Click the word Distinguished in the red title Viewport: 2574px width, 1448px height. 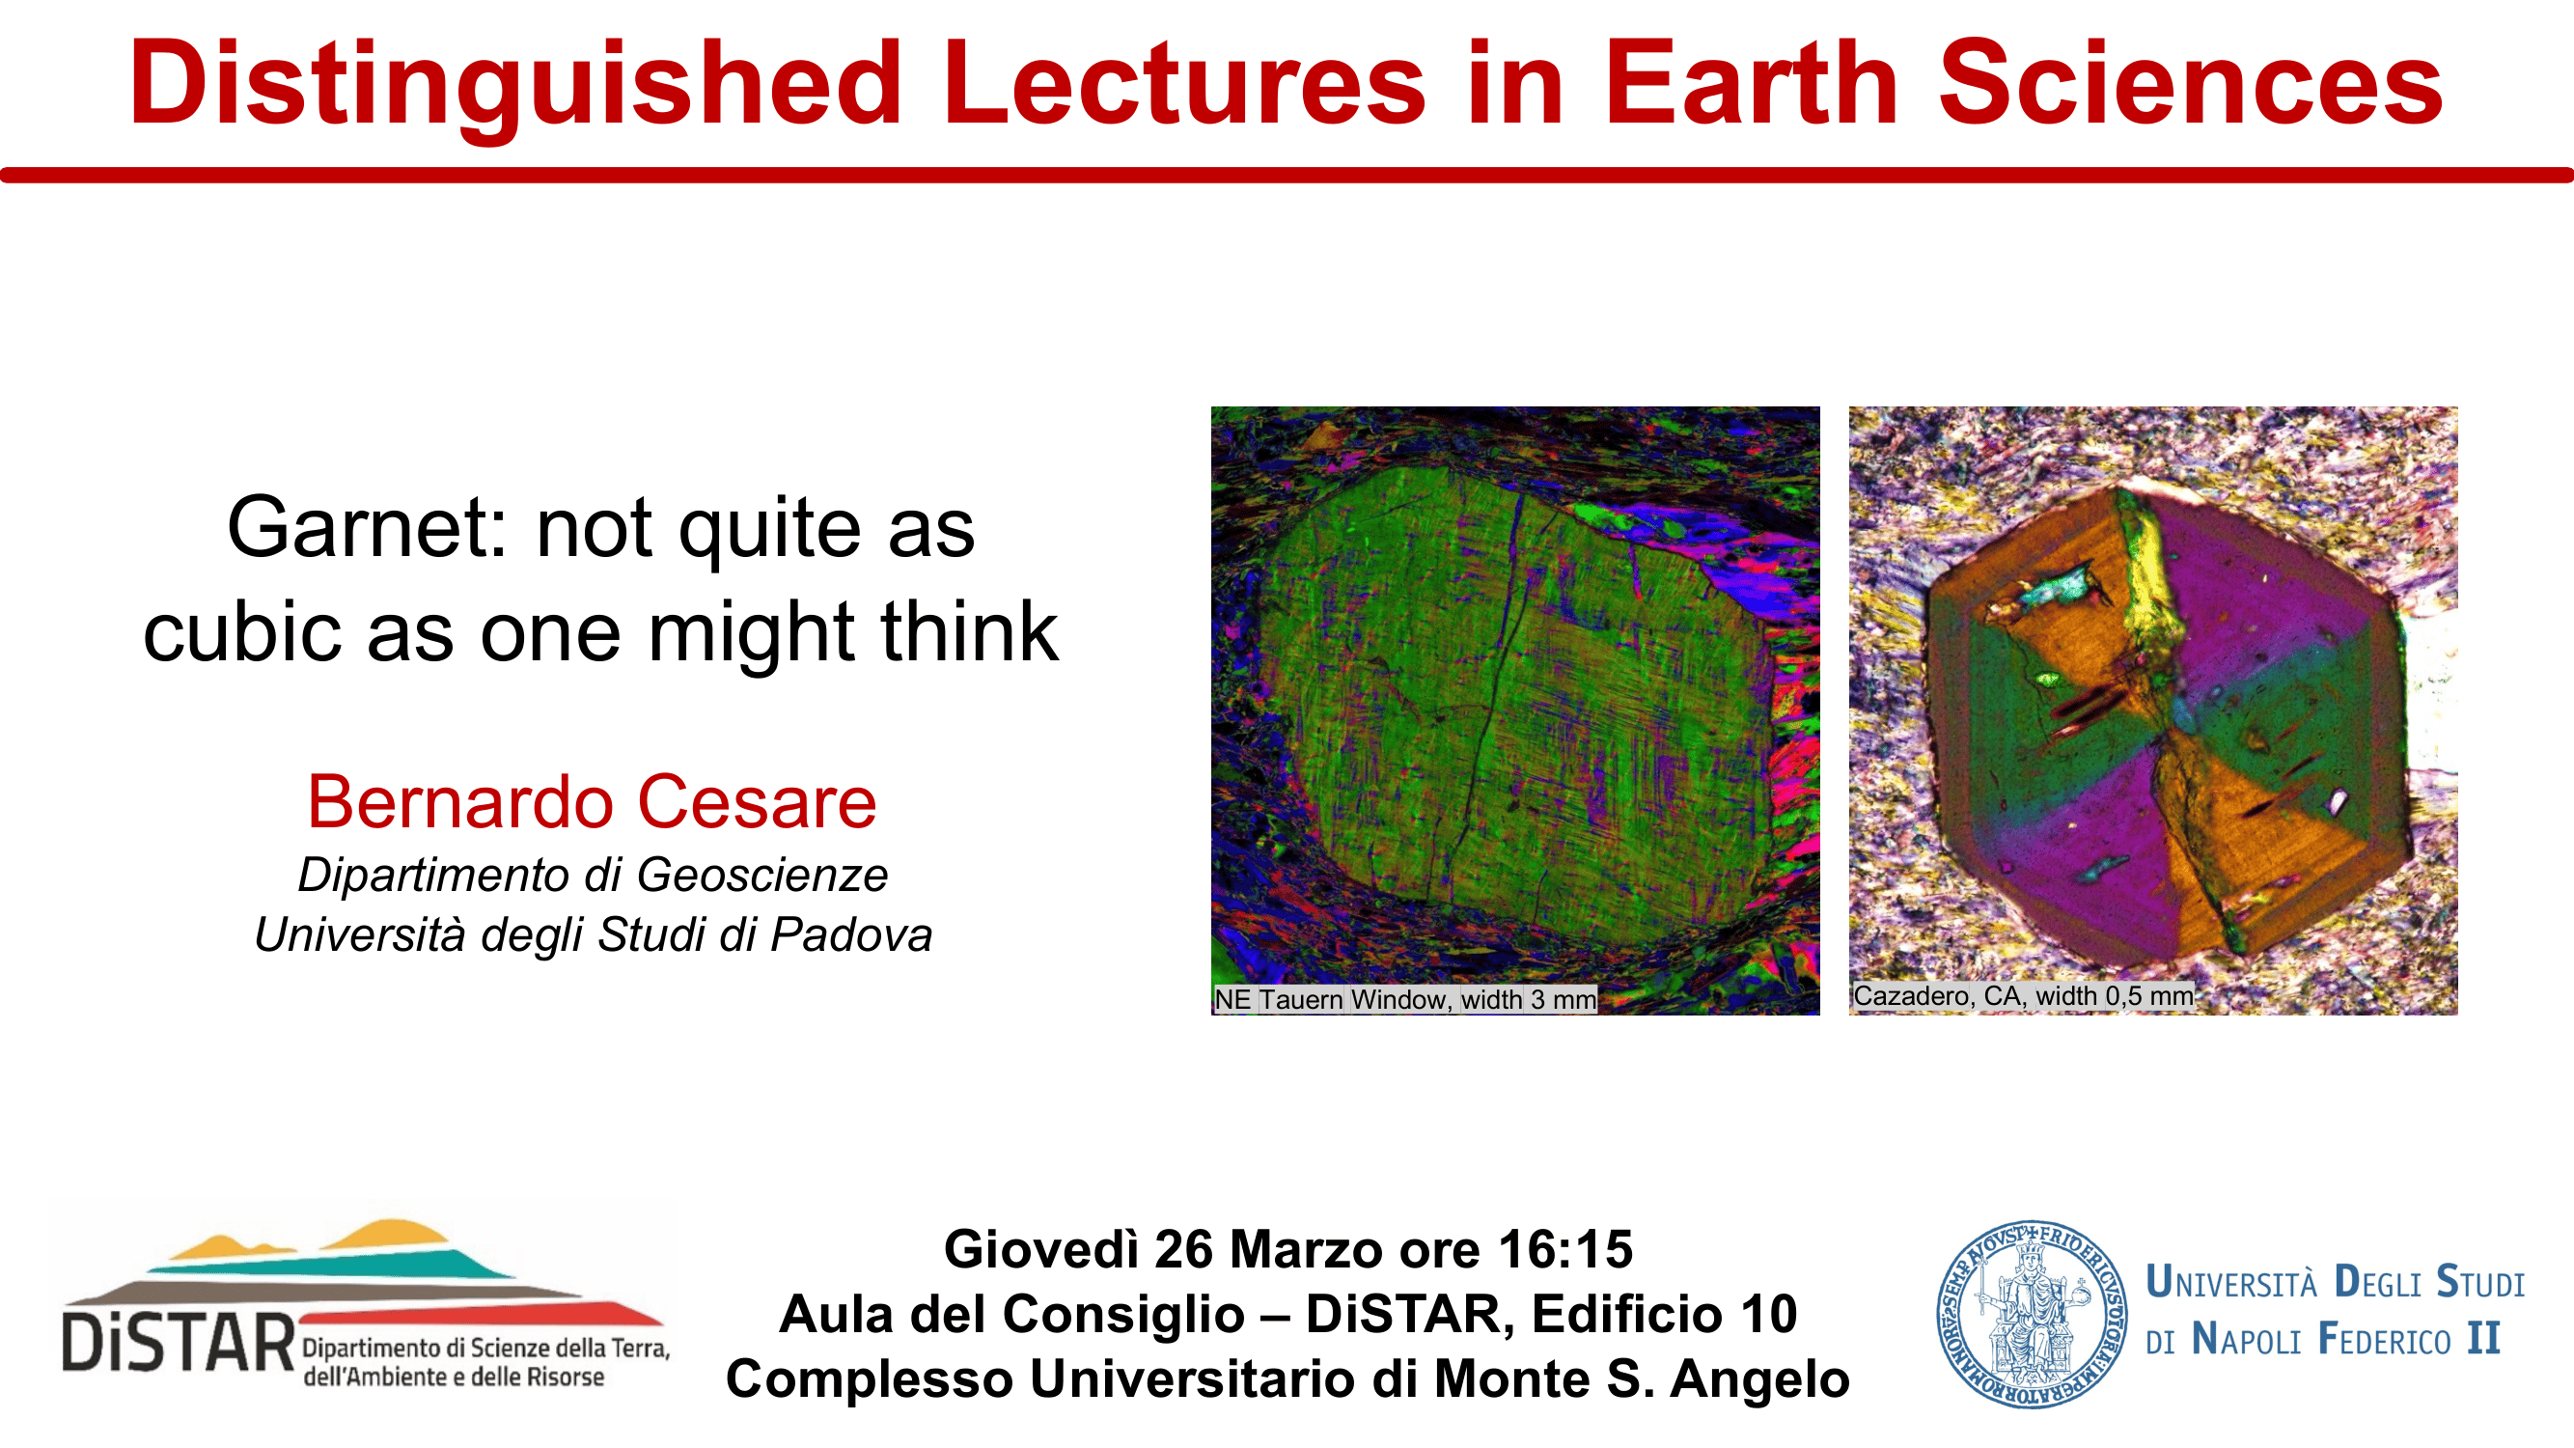515,85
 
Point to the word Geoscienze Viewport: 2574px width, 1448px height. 762,876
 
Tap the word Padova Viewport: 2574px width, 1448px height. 850,935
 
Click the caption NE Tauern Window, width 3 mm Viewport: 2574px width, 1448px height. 1405,999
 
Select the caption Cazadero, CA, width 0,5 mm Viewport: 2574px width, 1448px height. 2024,996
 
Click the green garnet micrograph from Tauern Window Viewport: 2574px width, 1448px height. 1515,710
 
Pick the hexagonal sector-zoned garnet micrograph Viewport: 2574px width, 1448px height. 2153,710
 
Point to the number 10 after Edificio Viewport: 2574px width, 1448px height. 1770,1314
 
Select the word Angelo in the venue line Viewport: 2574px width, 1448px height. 1759,1380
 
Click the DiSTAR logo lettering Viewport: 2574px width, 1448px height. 179,1342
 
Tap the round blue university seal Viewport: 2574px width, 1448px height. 2032,1314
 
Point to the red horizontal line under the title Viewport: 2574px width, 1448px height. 1287,176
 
